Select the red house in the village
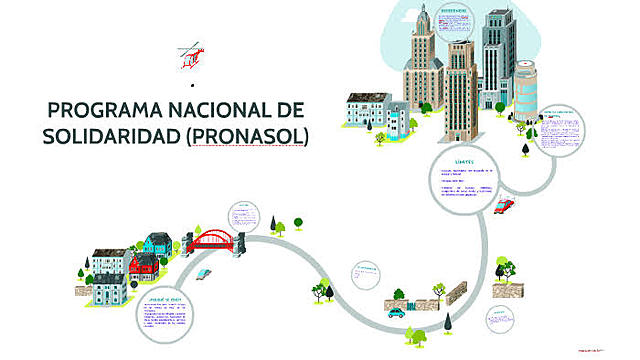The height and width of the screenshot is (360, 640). [145, 264]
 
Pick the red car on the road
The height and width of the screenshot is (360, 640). [504, 206]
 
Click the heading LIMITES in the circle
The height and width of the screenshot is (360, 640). [462, 160]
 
